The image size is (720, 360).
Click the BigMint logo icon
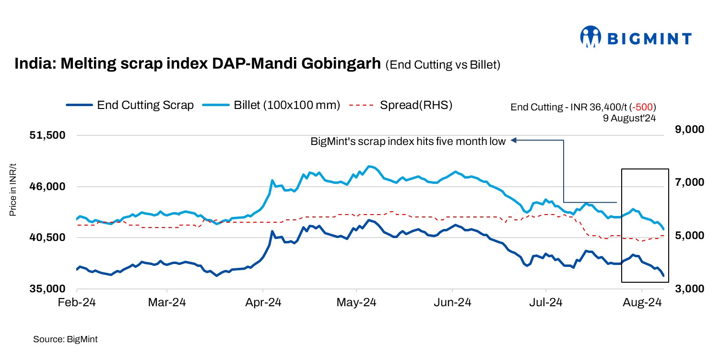pos(590,37)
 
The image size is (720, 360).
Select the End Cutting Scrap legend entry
pos(130,105)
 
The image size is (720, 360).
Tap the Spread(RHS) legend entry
pos(401,105)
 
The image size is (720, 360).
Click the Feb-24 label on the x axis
pos(77,303)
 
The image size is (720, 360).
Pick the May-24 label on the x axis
pos(356,303)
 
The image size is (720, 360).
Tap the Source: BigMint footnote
pos(65,339)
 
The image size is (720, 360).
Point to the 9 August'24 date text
pos(629,117)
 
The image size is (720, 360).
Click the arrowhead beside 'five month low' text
pos(514,141)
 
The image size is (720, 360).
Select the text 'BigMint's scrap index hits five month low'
pos(408,141)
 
